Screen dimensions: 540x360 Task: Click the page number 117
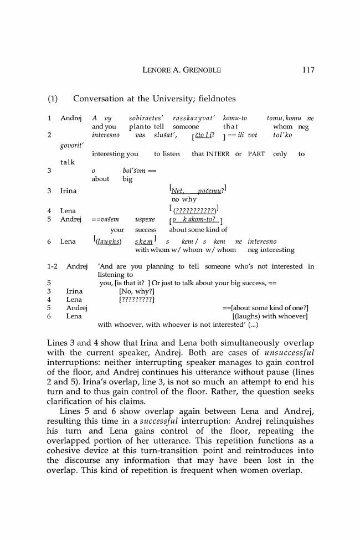click(x=308, y=70)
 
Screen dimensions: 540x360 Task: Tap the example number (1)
click(x=53, y=99)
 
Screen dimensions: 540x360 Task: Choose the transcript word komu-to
click(x=235, y=119)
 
